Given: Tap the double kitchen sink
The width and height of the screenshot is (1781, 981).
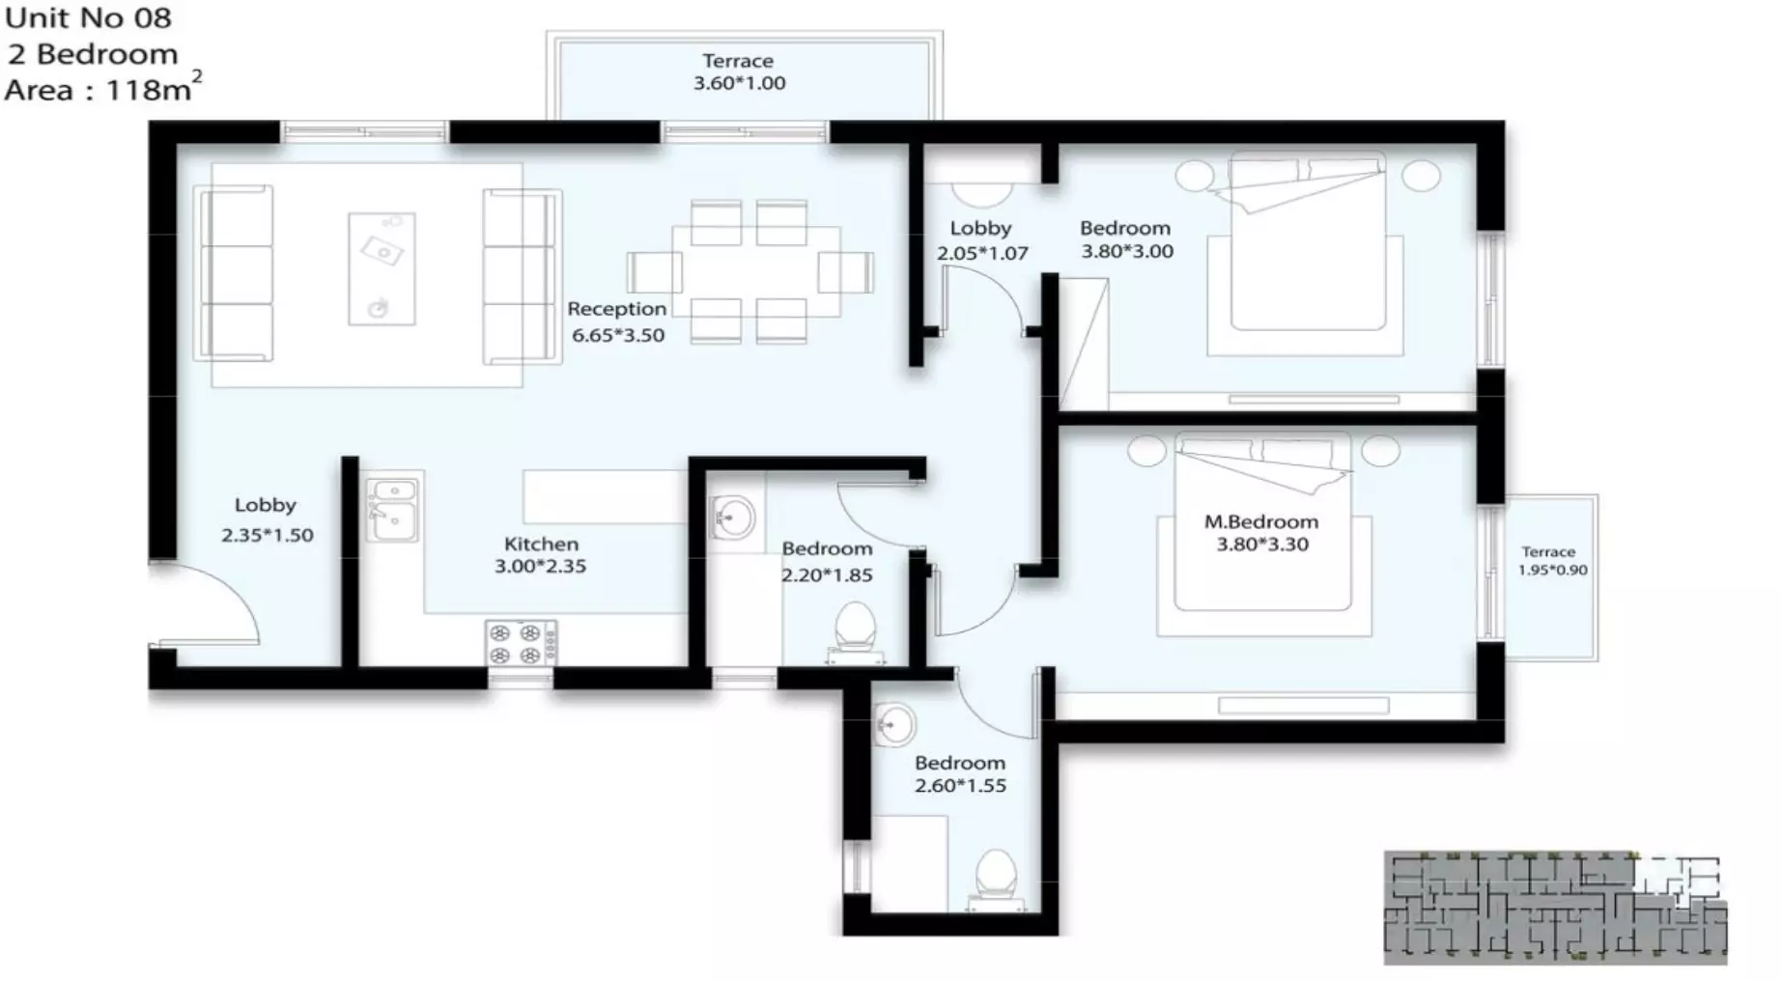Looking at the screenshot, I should click(x=392, y=509).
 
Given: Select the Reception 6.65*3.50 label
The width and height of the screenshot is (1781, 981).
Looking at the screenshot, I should click(x=616, y=322).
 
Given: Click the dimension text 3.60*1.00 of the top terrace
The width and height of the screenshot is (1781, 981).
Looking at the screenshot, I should click(x=739, y=84).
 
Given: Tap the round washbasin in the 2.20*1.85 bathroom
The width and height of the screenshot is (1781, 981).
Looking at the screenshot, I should click(x=731, y=518).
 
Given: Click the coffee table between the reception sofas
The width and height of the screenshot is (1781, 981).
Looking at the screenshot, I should click(x=382, y=268).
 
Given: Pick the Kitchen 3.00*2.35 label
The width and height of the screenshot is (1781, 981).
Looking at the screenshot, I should click(x=541, y=555).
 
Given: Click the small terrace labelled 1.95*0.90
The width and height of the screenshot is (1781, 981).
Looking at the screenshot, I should click(x=1551, y=577).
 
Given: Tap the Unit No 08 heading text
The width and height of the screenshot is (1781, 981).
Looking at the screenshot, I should click(x=88, y=18).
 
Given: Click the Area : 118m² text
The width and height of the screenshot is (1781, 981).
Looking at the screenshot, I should click(x=101, y=90).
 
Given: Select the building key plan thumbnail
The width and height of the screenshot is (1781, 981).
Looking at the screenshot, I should click(x=1554, y=907).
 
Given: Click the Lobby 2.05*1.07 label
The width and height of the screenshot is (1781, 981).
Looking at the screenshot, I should click(x=981, y=240).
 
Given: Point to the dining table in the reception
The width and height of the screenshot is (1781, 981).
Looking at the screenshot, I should click(x=755, y=271).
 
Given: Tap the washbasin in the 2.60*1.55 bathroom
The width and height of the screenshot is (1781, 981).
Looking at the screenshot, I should click(x=894, y=724).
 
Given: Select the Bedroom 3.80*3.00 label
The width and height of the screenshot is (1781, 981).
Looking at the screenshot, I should click(x=1125, y=239).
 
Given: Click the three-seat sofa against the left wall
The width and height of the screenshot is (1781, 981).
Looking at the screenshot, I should click(x=236, y=274).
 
